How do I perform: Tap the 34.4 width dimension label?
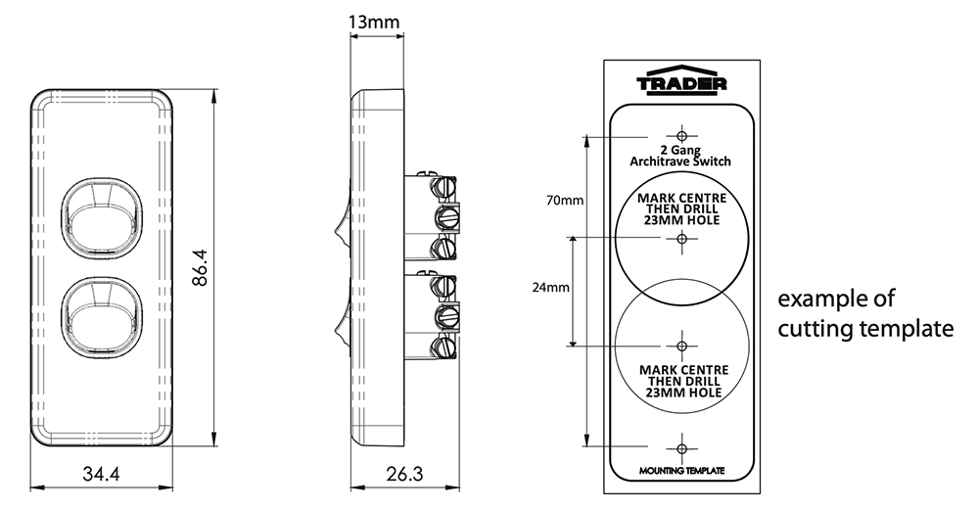pos(101,476)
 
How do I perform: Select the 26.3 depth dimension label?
pos(403,476)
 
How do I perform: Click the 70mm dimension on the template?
pos(565,201)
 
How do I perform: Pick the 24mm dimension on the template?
pos(551,289)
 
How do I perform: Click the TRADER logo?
pos(681,83)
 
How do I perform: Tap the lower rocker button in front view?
pos(102,319)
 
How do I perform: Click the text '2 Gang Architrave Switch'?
pos(681,156)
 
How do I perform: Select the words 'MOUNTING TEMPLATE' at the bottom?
pos(681,472)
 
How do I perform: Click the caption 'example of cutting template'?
pos(864,314)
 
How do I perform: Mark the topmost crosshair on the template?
pos(681,135)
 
